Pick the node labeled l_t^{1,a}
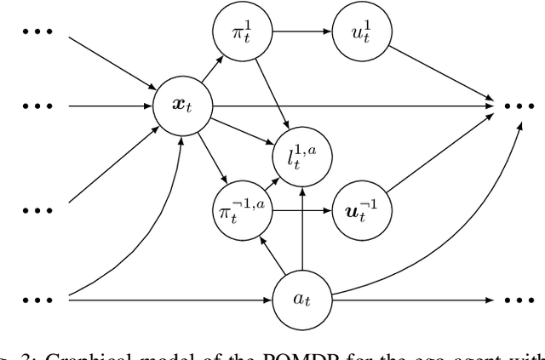[302, 157]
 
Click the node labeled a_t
[302, 299]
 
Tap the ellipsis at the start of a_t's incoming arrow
[37, 299]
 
